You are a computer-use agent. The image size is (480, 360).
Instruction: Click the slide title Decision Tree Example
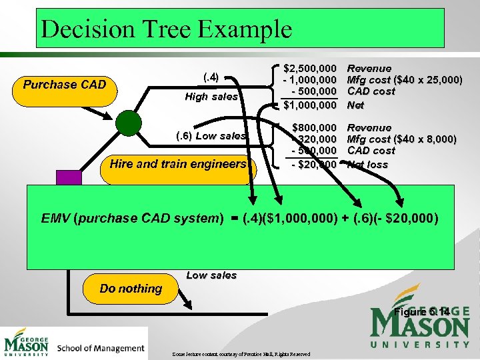(166, 29)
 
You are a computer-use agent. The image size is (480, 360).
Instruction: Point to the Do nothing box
(131, 289)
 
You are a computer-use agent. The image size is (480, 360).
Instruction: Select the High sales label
(211, 97)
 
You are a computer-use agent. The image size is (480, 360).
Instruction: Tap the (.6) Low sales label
(211, 136)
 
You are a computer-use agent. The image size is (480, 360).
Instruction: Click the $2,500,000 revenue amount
(310, 68)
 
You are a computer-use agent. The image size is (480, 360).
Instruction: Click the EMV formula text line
(239, 218)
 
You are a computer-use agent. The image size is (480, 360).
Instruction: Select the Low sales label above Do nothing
(211, 275)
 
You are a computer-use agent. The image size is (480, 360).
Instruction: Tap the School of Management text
(101, 347)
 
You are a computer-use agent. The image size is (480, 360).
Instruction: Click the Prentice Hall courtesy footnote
(241, 353)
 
